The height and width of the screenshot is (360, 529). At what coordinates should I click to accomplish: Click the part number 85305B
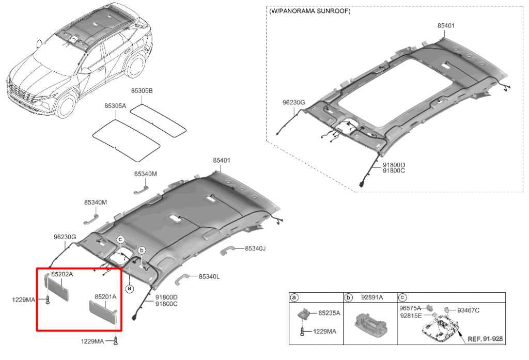point(142,91)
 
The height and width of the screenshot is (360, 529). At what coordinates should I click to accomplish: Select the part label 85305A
point(115,105)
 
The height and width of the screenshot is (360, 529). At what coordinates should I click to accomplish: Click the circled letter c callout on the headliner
point(120,240)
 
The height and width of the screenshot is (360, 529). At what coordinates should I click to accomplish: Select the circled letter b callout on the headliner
point(142,251)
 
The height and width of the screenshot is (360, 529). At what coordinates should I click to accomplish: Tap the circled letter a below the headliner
point(129,289)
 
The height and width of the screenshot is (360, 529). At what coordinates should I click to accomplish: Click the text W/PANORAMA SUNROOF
point(310,11)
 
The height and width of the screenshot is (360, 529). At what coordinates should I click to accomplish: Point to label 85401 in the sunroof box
point(446,25)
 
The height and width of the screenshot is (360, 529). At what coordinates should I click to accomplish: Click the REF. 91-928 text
point(485,339)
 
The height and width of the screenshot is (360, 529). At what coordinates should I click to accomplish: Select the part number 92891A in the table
point(372,297)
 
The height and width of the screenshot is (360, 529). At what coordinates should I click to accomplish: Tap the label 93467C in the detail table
point(468,310)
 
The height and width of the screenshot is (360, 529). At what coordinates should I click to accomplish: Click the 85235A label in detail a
point(329,313)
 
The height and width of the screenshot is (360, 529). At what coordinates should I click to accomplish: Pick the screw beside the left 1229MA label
point(48,300)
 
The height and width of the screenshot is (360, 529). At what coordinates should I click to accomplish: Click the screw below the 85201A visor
point(116,341)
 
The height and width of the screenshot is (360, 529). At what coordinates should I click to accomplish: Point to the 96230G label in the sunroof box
point(293,102)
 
